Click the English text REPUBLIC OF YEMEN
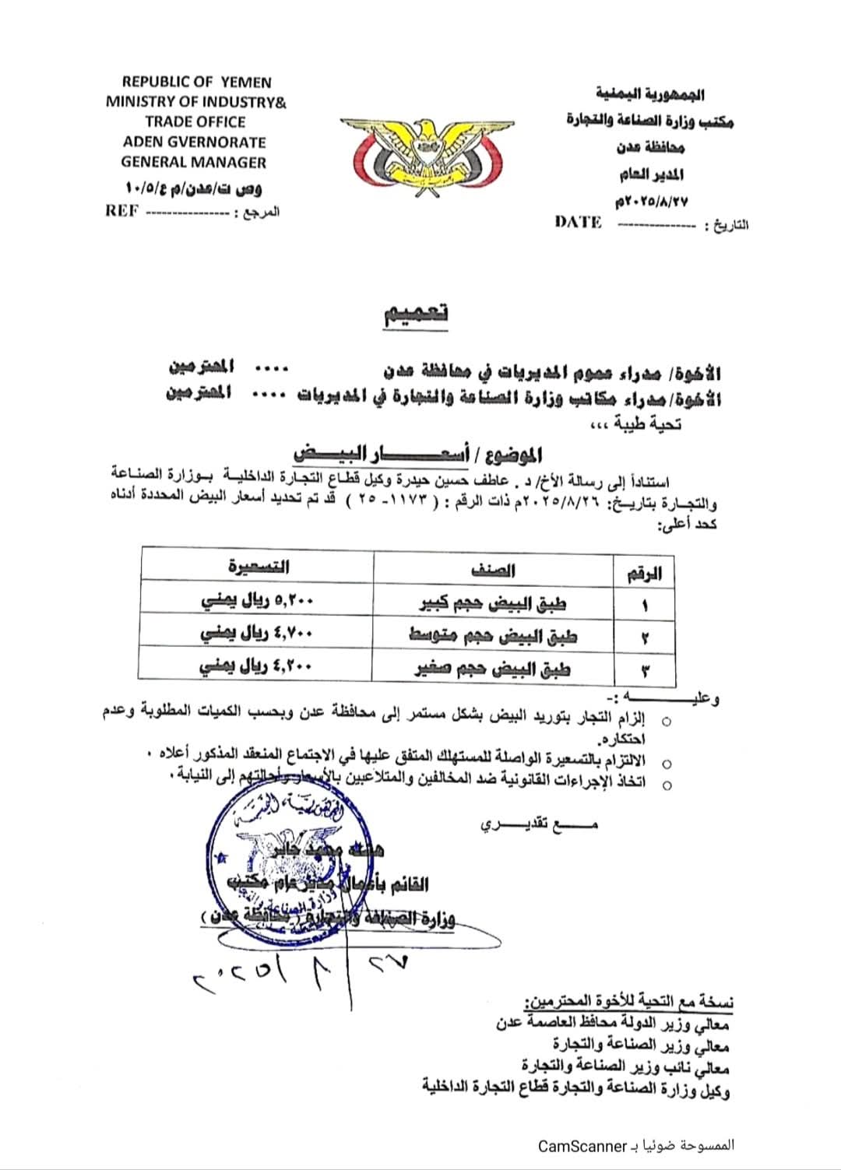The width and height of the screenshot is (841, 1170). (x=197, y=82)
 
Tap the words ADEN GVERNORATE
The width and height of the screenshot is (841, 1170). (x=195, y=142)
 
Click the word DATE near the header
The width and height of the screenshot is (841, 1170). (x=578, y=223)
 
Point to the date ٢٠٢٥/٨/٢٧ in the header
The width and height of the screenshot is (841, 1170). (x=652, y=202)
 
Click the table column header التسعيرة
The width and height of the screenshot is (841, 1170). (x=259, y=567)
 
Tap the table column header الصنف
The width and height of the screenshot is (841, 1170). (x=493, y=570)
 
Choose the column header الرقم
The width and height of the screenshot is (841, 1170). (x=644, y=574)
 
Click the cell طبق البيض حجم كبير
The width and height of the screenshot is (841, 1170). (x=493, y=603)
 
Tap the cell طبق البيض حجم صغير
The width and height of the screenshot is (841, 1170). (x=493, y=669)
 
